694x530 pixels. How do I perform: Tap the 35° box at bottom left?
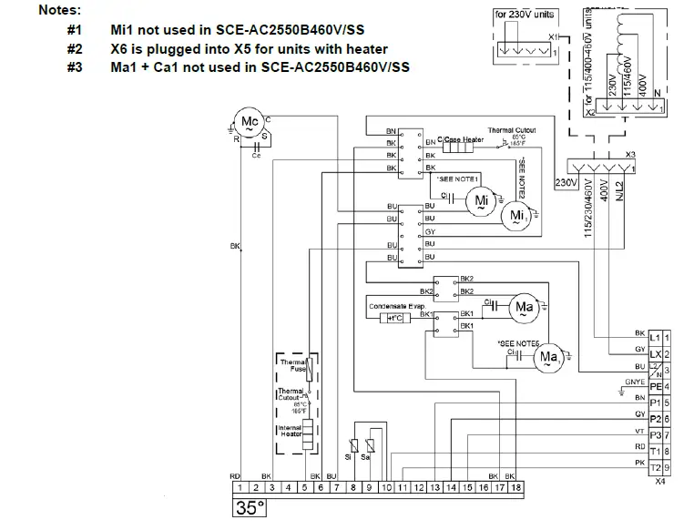click(249, 508)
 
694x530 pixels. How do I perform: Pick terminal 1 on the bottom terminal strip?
click(234, 489)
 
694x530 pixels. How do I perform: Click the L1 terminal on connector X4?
click(656, 338)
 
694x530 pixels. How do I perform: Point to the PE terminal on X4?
click(656, 386)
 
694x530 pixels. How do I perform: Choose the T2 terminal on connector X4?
click(656, 467)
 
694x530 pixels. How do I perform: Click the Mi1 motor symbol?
click(517, 214)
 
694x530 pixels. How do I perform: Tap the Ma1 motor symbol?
click(548, 356)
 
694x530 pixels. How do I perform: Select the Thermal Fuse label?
click(291, 365)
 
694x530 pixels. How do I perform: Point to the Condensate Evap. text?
click(397, 307)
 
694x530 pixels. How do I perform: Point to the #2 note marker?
click(75, 48)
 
